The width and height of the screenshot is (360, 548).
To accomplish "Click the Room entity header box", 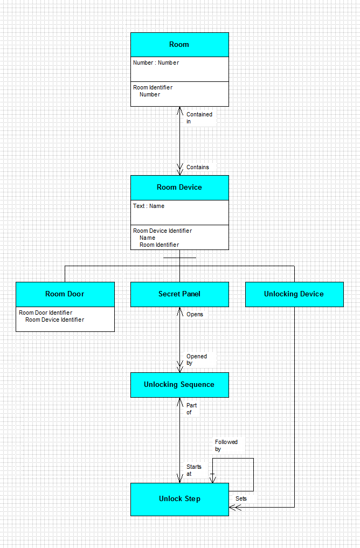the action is coord(179,45).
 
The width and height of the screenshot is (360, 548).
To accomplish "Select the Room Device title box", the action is coord(179,188).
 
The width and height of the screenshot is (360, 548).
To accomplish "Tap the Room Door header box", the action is coord(65,294).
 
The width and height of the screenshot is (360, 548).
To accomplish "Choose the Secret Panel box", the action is coord(179,294).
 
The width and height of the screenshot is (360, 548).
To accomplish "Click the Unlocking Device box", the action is coord(294,294).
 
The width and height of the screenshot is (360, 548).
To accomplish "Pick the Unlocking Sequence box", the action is coord(179,385).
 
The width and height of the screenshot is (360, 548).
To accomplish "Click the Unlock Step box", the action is coord(179,499).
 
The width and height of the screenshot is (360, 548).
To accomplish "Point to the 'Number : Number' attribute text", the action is coord(156,63).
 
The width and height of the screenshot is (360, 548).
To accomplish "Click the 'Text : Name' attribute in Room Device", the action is coord(149,206).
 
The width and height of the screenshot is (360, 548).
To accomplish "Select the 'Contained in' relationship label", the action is coord(199,118).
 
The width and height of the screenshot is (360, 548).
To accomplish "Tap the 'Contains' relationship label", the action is coord(197,168).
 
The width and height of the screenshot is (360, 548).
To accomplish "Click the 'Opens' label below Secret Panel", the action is coord(195,315).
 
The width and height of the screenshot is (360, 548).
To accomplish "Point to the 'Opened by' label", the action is coord(196,359).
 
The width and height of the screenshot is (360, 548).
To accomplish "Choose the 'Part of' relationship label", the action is coord(191,409).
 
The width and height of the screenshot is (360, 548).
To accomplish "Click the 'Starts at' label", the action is coord(193,470).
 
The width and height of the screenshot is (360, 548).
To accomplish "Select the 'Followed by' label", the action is coord(226,446).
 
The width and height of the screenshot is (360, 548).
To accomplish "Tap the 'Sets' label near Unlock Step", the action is coord(241,499).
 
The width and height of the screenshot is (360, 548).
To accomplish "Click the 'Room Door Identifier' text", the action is coord(45,313).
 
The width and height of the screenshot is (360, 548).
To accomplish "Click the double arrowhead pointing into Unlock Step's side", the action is coord(235,507).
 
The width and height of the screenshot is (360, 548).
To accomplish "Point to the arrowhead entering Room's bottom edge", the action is coord(179,111).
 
